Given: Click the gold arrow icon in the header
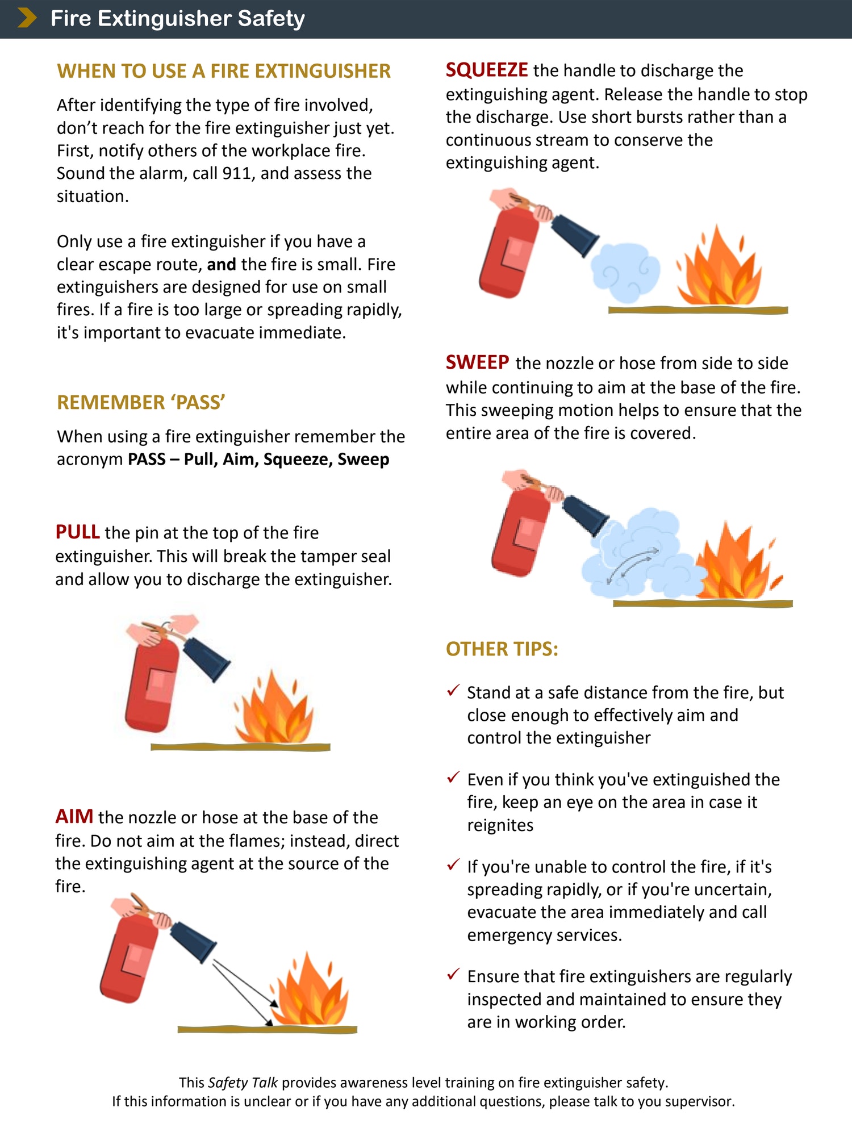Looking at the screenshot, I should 27,18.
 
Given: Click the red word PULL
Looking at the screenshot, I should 77,532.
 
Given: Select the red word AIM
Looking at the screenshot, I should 74,817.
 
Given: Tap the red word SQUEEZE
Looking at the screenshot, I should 487,70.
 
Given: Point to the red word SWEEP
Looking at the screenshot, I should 477,362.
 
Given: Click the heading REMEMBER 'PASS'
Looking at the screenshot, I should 141,402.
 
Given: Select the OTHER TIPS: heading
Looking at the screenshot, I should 502,649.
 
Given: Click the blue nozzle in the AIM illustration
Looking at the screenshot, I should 194,941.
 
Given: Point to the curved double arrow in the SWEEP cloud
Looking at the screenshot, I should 632,566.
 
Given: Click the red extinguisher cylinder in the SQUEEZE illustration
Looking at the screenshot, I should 507,253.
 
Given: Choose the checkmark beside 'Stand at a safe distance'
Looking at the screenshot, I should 453,691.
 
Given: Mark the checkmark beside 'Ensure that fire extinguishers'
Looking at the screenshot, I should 453,975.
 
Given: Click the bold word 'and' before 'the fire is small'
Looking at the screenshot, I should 221,265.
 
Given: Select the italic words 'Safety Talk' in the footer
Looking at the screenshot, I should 243,1083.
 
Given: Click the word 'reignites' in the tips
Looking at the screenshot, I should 500,825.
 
